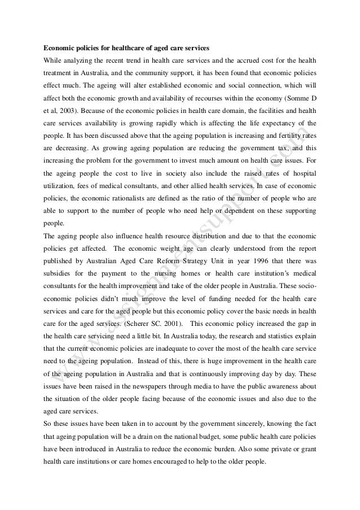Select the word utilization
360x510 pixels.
tap(59, 185)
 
